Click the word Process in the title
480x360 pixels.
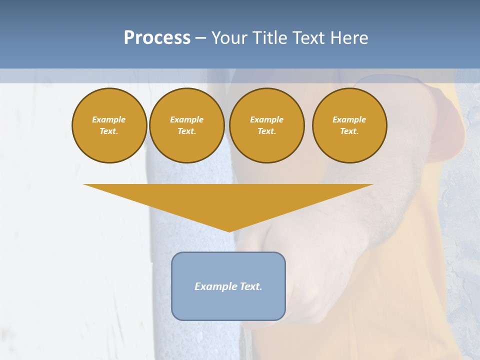point(157,38)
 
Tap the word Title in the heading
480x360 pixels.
point(268,38)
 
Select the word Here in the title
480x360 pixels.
point(349,38)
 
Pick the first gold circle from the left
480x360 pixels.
point(109,125)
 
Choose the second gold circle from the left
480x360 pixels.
point(187,125)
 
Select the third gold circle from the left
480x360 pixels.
point(266,125)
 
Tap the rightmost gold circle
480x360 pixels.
point(349,125)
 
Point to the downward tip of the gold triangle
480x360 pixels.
point(229,230)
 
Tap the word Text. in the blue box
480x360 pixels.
point(250,286)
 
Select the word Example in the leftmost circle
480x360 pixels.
point(109,119)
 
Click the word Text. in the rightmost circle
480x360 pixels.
point(349,131)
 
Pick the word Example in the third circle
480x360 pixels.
point(266,119)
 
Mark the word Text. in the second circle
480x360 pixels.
point(187,131)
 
